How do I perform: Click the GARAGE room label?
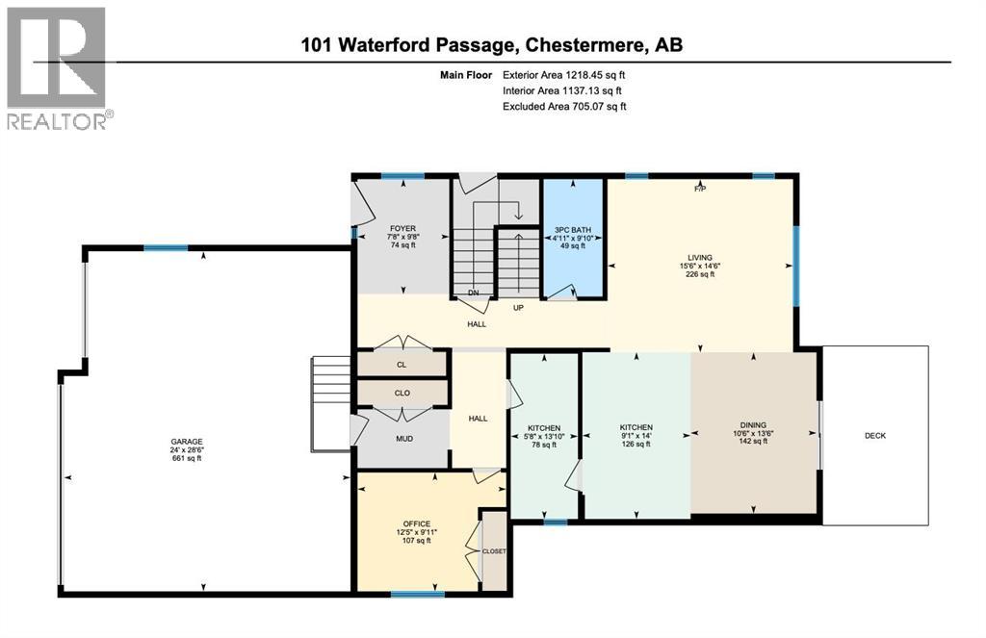(187, 442)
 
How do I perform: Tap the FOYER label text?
(402, 229)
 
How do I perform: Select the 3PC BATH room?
(573, 230)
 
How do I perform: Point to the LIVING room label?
(699, 257)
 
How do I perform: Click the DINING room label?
(753, 422)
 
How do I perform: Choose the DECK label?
(874, 435)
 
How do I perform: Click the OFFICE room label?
(416, 523)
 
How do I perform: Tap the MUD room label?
(402, 438)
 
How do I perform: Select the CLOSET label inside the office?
(494, 551)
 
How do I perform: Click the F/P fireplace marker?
(700, 189)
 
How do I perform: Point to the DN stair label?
(473, 293)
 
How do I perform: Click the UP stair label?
(518, 308)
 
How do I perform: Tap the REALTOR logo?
(58, 67)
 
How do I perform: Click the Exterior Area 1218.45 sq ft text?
(569, 74)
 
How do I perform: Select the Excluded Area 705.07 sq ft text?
(564, 107)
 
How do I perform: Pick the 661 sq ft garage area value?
(187, 459)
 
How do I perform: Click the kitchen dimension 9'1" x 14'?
(636, 436)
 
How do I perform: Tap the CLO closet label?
(402, 393)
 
